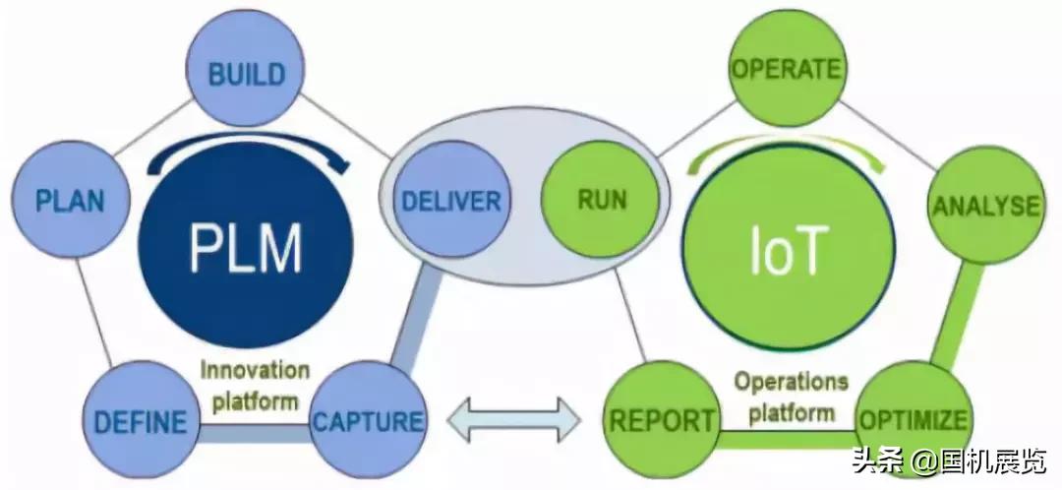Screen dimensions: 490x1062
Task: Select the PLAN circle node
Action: click(69, 201)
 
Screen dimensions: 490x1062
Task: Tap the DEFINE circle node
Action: click(140, 422)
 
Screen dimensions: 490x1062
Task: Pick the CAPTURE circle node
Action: click(368, 422)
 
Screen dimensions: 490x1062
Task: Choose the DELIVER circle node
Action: click(450, 202)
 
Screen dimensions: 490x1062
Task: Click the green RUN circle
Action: click(602, 202)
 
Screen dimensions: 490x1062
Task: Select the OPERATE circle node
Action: click(786, 70)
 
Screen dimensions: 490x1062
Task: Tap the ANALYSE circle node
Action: click(985, 206)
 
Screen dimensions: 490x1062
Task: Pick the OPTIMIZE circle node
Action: click(913, 421)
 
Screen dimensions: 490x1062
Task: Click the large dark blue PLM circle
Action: click(246, 249)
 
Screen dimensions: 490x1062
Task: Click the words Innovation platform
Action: click(255, 386)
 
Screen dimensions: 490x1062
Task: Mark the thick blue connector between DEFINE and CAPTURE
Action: click(254, 430)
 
